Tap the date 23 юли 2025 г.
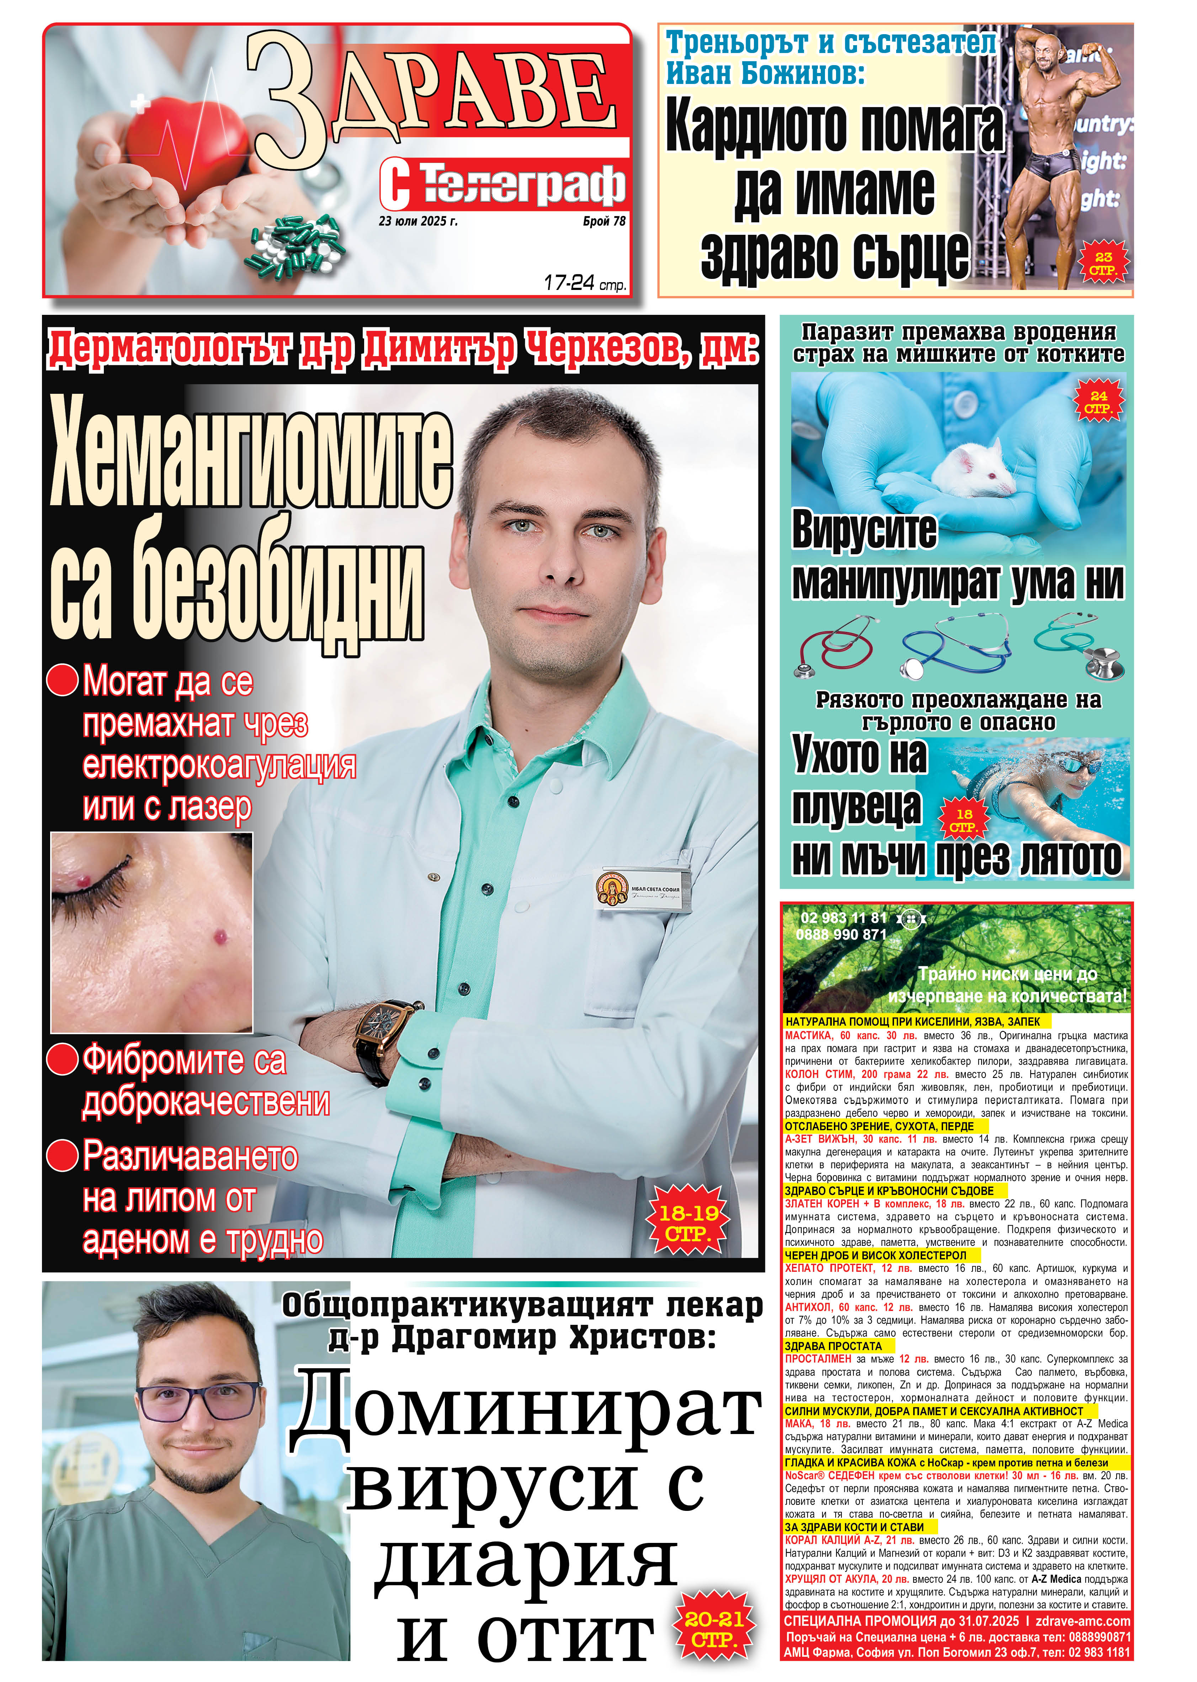418,221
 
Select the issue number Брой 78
603,221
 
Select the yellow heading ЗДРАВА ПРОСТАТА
833,1346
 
